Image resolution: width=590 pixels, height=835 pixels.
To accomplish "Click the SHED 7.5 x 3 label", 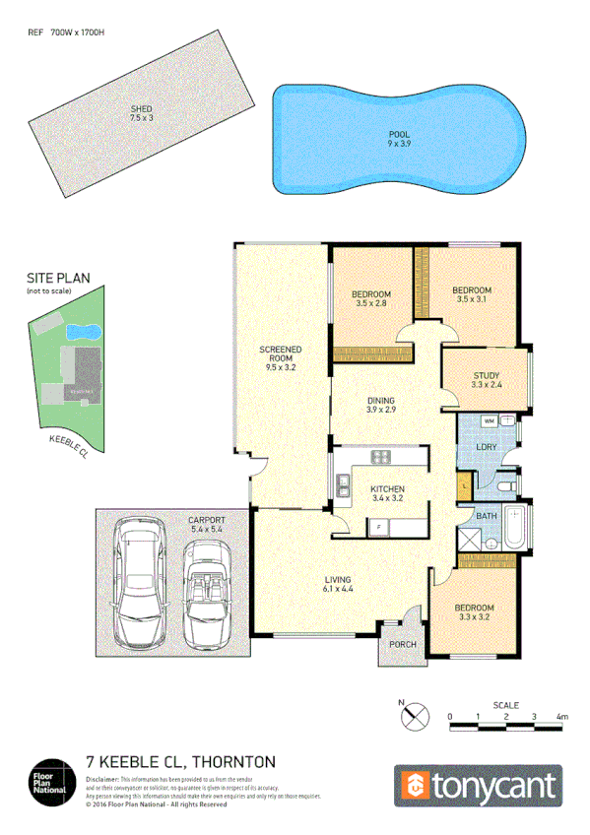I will point(142,113).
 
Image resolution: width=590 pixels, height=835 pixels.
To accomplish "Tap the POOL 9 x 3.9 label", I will point(399,138).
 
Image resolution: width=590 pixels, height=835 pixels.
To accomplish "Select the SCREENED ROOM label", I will point(281,357).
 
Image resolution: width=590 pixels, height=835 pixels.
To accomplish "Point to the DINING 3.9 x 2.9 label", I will point(381,406).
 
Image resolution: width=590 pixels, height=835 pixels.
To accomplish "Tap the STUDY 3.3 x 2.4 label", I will point(487,381).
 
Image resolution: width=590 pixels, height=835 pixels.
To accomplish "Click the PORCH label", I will point(403,645).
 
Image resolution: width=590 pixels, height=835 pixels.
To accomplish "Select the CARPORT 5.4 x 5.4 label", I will point(207,524).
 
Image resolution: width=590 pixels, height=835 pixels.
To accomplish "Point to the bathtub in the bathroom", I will point(516,533).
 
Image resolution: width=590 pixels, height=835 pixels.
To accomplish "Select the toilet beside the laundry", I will point(504,485).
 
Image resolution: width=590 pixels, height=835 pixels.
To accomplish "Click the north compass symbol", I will point(415,715).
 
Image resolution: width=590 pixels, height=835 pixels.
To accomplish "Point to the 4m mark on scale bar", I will point(561,716).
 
